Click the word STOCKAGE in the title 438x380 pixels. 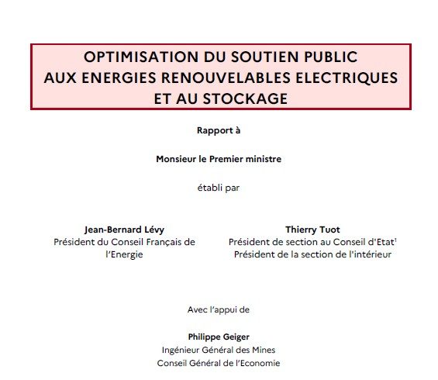(x=246, y=98)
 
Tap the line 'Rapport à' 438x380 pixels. (x=219, y=130)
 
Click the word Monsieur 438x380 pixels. (x=176, y=159)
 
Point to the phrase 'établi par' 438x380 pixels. (x=219, y=188)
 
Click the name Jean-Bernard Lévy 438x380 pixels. (x=124, y=230)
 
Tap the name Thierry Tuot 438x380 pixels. (x=312, y=230)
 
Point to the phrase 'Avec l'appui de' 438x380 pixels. (x=219, y=309)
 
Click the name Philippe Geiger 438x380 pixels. (x=219, y=337)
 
